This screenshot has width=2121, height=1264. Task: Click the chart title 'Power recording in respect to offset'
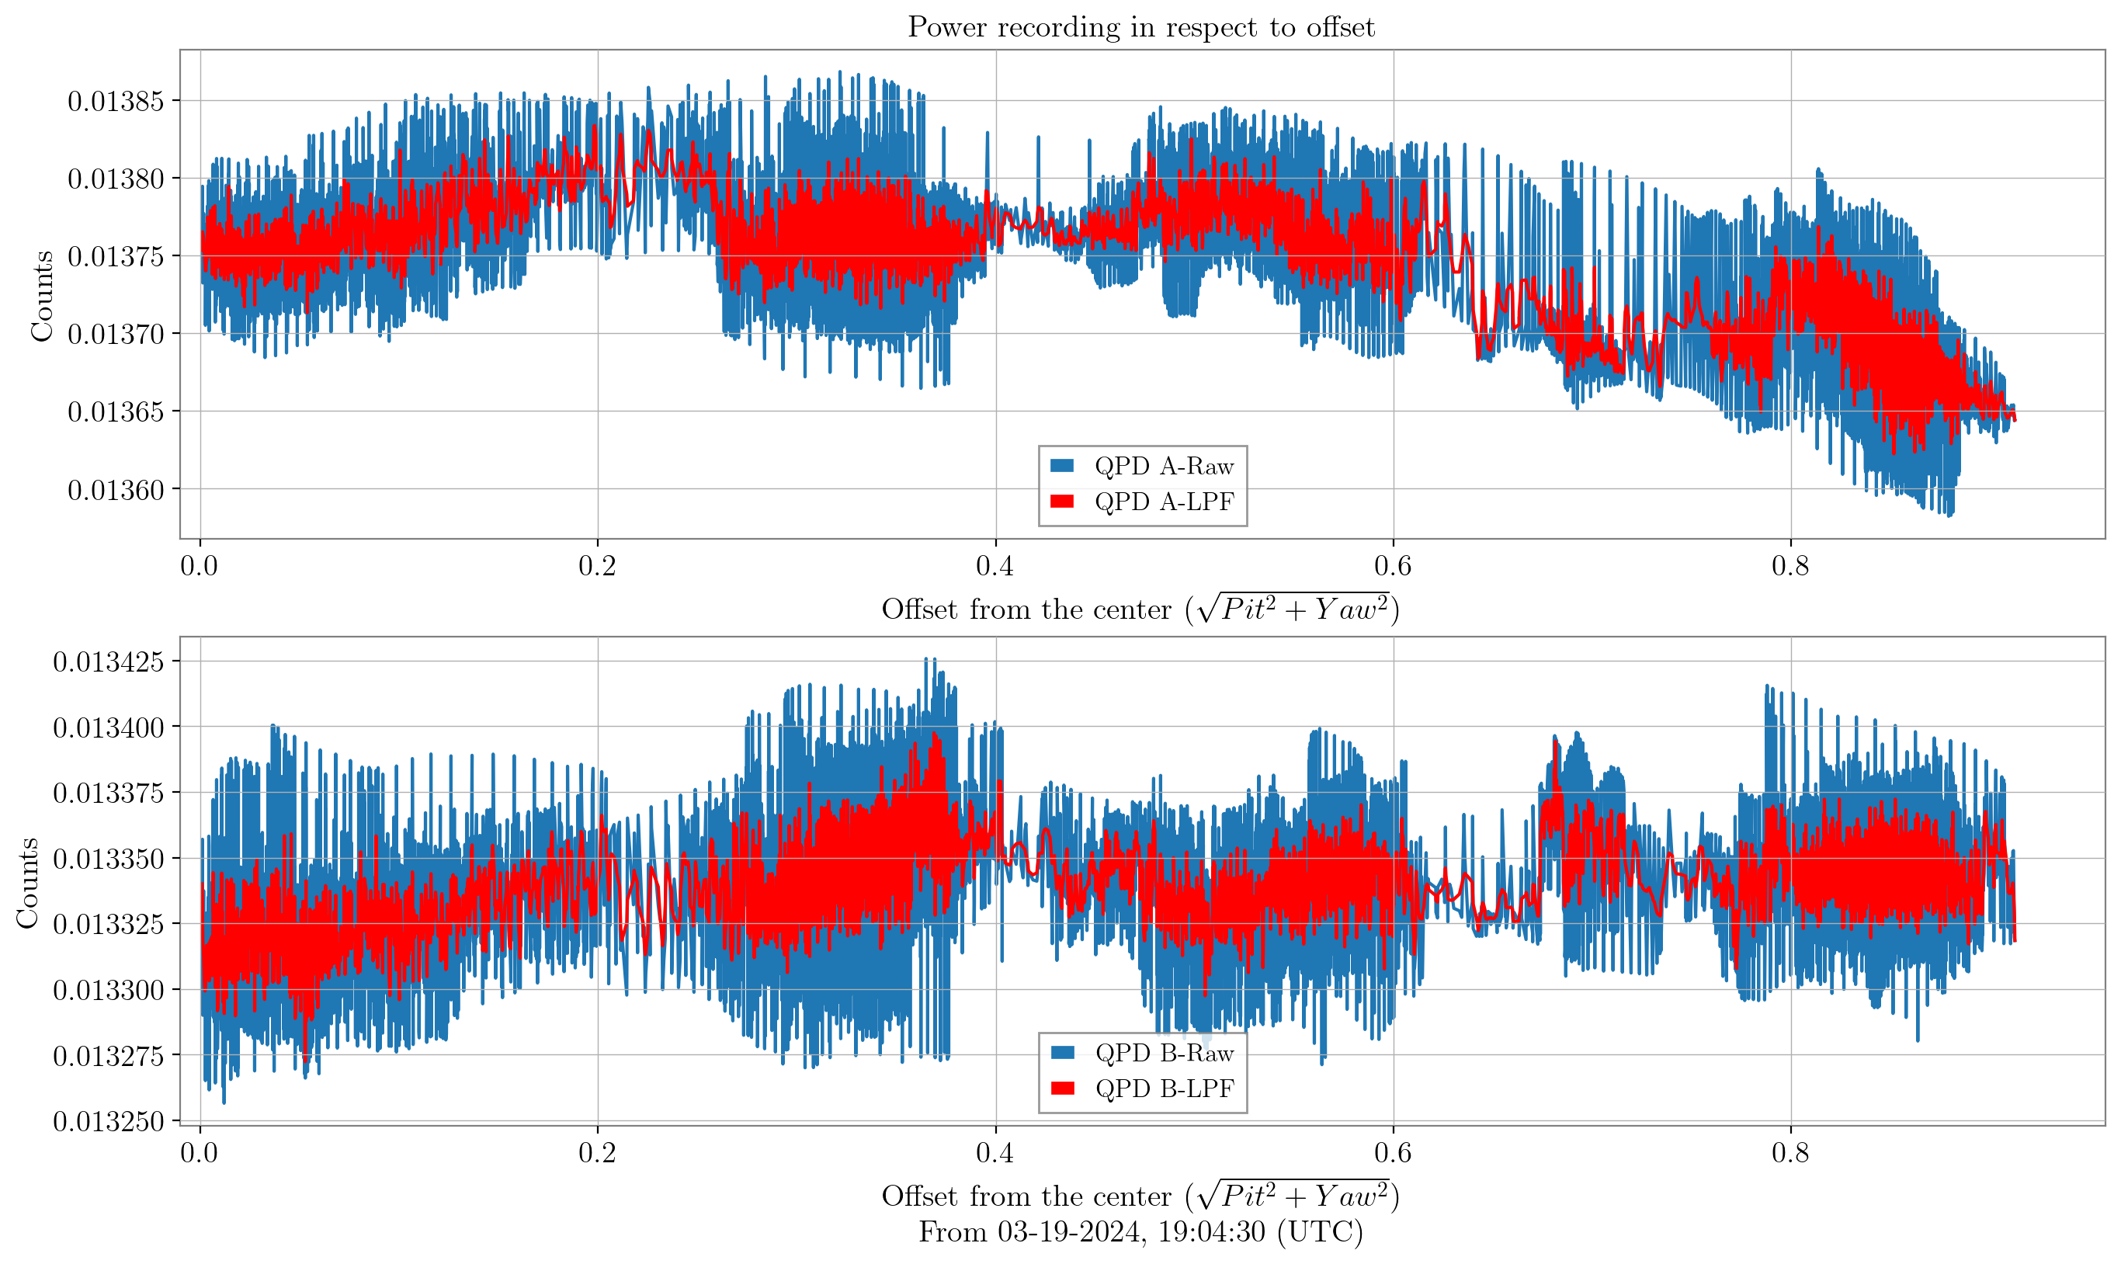click(1141, 27)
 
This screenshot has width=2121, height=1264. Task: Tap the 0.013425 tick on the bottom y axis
click(107, 662)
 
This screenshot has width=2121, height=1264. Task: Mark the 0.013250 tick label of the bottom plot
click(107, 1122)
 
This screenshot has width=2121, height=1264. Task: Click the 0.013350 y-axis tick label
click(107, 859)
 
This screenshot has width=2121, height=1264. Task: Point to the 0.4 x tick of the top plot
click(995, 565)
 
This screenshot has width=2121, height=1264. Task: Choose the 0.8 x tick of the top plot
click(1790, 565)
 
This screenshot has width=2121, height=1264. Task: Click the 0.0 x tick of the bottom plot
click(200, 1152)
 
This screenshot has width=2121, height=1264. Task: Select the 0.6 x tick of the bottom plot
click(1393, 1152)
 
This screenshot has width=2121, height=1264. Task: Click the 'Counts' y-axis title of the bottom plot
click(28, 883)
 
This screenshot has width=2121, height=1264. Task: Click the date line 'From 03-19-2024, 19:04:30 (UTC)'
click(1141, 1232)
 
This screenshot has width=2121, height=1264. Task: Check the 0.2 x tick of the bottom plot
click(597, 1152)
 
